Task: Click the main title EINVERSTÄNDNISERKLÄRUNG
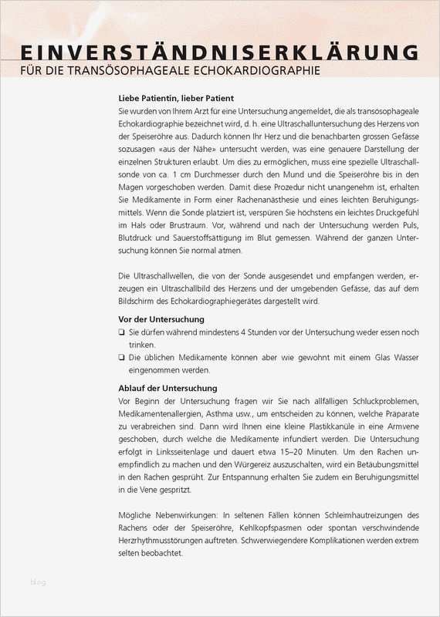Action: click(219, 52)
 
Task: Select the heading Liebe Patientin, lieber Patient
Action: click(176, 99)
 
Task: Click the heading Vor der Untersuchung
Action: click(161, 319)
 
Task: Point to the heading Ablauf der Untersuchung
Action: click(168, 388)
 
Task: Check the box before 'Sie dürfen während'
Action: click(122, 332)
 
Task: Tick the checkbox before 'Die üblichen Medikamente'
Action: click(122, 357)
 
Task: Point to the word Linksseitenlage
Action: click(180, 451)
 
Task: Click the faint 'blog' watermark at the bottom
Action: click(38, 582)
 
